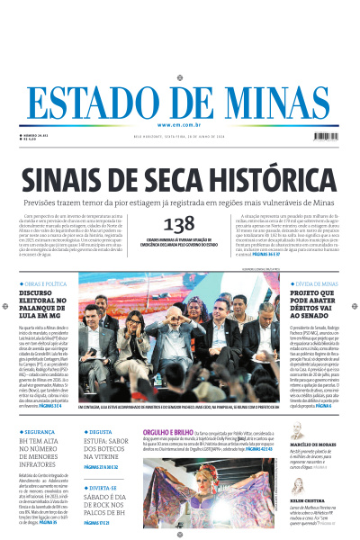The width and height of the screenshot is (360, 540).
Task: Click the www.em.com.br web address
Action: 179,124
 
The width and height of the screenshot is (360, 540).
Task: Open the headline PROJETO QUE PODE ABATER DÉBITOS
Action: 313,307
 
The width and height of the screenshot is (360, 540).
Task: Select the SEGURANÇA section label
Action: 41,432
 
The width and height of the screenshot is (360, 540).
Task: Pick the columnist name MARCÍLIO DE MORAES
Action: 313,445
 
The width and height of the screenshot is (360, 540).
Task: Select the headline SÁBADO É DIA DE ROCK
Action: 110,508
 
